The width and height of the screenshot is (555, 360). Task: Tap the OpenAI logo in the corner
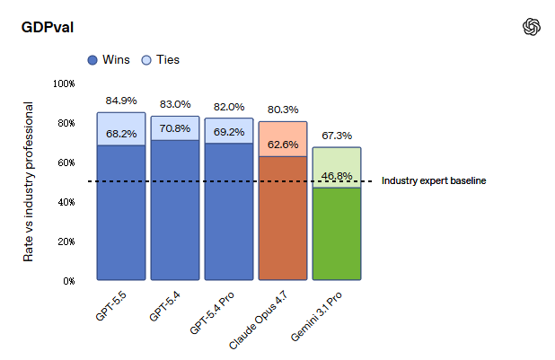coord(532,27)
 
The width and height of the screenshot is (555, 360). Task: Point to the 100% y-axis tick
coord(64,83)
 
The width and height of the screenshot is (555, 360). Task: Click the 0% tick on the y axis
coord(67,281)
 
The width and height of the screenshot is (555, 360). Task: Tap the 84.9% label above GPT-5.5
coord(121,100)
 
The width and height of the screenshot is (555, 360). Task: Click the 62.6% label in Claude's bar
coord(283,144)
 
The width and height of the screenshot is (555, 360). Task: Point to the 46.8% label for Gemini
coord(337,176)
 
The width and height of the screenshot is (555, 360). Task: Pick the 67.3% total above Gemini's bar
coord(337,136)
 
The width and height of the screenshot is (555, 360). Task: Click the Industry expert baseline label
coord(434,181)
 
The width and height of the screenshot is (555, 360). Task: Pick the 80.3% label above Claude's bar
coord(283,110)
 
